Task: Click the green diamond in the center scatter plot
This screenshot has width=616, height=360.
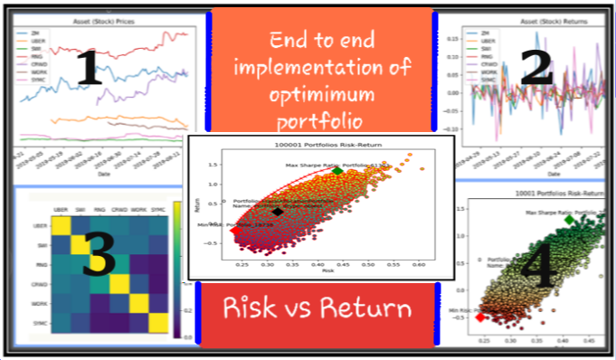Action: tap(337, 171)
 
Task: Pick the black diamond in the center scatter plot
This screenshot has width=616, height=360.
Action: tap(278, 211)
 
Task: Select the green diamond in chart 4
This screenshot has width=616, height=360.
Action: tap(570, 220)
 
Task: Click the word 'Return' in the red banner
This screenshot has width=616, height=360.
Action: tap(365, 308)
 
